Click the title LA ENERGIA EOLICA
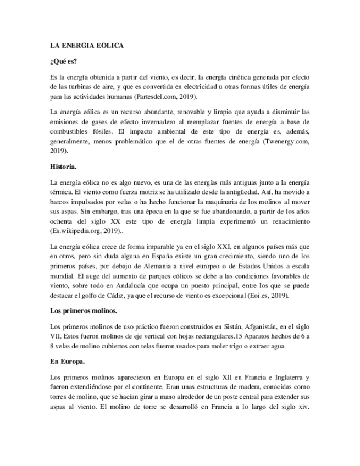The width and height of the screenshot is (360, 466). point(86,46)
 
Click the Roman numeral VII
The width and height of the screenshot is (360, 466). point(56,336)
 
